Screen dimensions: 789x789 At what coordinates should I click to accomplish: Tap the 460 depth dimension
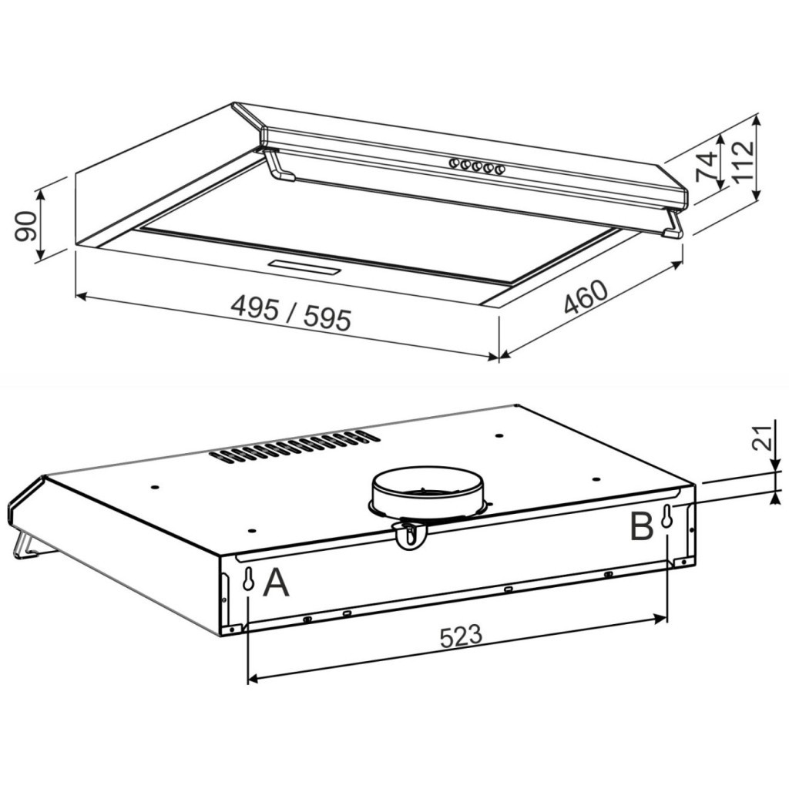(586, 297)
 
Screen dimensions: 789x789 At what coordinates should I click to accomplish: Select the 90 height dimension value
(25, 225)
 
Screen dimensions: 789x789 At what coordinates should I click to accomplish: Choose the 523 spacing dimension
(461, 636)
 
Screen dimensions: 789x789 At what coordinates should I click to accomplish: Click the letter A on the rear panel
(276, 583)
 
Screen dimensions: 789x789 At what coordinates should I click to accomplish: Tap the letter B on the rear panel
(641, 526)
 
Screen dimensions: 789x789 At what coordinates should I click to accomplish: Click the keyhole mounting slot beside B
(666, 518)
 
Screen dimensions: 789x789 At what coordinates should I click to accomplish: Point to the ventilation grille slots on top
(294, 446)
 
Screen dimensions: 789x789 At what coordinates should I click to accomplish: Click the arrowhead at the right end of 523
(660, 618)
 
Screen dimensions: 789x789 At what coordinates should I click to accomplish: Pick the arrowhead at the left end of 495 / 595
(80, 295)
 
